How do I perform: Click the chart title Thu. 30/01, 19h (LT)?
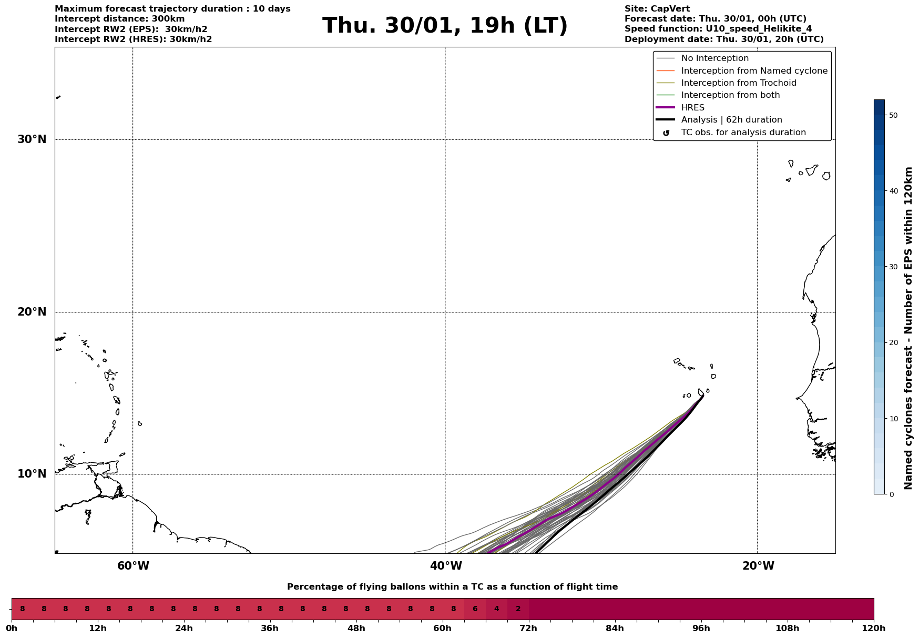[445, 26]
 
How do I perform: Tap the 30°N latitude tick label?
[32, 139]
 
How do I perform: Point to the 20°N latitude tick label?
[32, 312]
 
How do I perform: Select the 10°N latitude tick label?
[32, 474]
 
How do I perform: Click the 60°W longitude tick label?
[133, 566]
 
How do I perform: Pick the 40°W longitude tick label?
[446, 566]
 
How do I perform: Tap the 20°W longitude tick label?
[758, 566]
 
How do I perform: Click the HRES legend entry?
[692, 108]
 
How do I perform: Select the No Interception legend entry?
[714, 58]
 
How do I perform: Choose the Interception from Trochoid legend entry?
[738, 83]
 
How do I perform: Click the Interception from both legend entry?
[730, 95]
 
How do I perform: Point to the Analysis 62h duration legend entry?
[731, 120]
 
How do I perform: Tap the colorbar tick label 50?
[893, 115]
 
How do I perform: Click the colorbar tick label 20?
[893, 343]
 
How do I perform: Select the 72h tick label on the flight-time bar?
[529, 629]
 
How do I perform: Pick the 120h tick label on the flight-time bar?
[874, 629]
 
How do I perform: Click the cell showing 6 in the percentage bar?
[475, 609]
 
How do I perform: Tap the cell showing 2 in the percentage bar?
[518, 609]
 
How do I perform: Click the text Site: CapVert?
[657, 9]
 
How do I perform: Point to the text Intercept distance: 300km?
[119, 19]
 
